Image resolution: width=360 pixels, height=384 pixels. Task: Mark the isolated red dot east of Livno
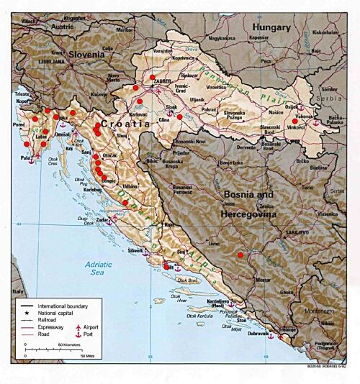[240, 255]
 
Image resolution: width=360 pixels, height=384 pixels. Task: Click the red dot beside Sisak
[180, 116]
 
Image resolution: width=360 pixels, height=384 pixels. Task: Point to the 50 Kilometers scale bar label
[63, 346]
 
